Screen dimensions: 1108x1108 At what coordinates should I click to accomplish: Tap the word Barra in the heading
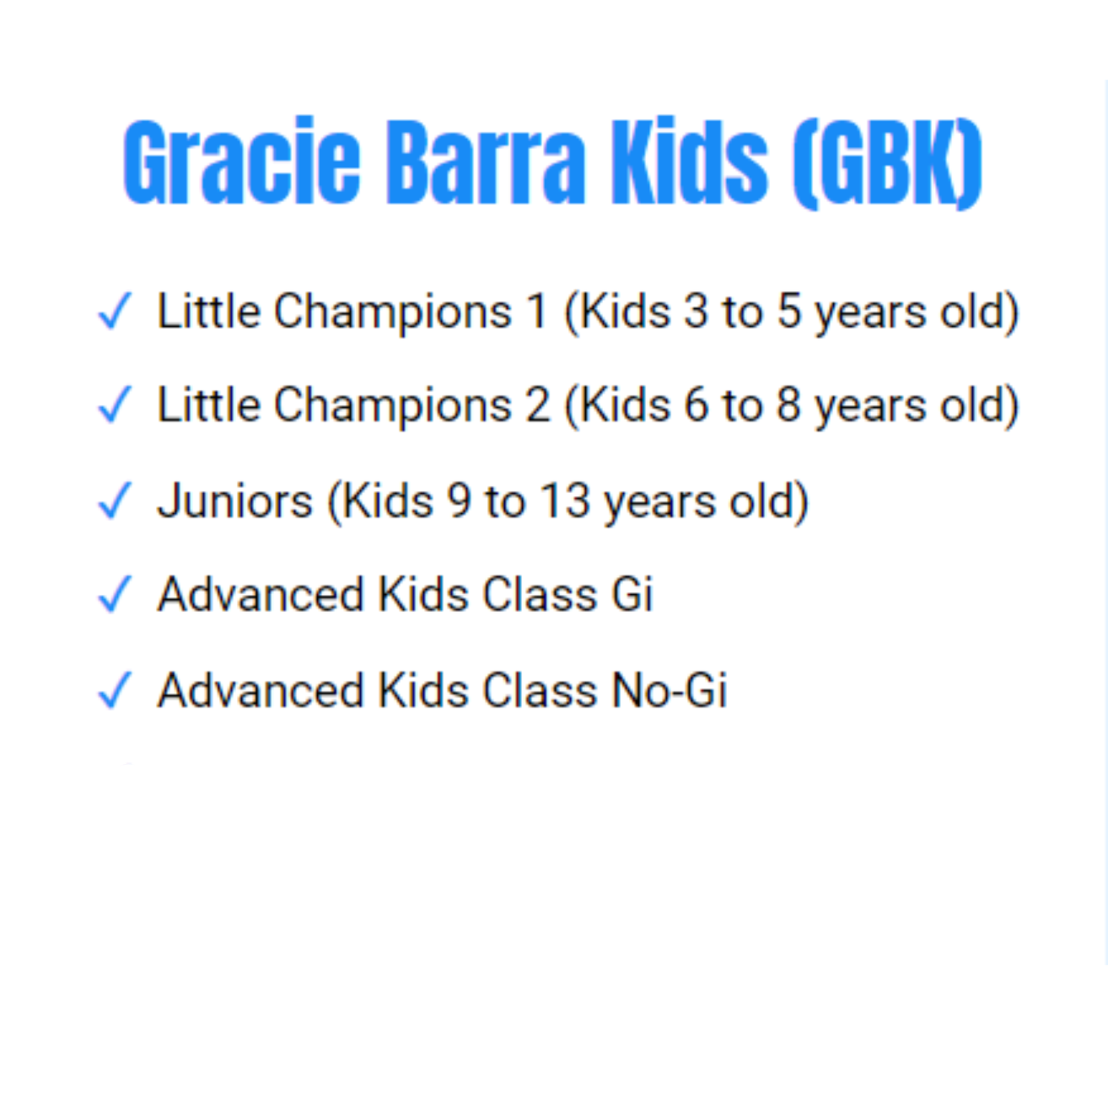[x=485, y=163]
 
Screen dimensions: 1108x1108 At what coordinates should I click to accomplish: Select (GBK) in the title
[x=887, y=163]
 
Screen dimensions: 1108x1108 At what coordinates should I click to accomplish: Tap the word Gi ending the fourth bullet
[x=632, y=595]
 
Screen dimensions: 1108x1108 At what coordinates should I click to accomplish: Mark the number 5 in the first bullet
[x=789, y=311]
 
